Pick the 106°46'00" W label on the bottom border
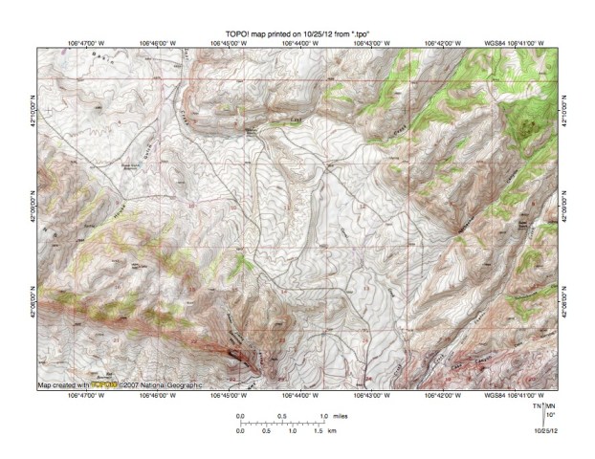pyautogui.click(x=159, y=395)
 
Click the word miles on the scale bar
pyautogui.click(x=342, y=416)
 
